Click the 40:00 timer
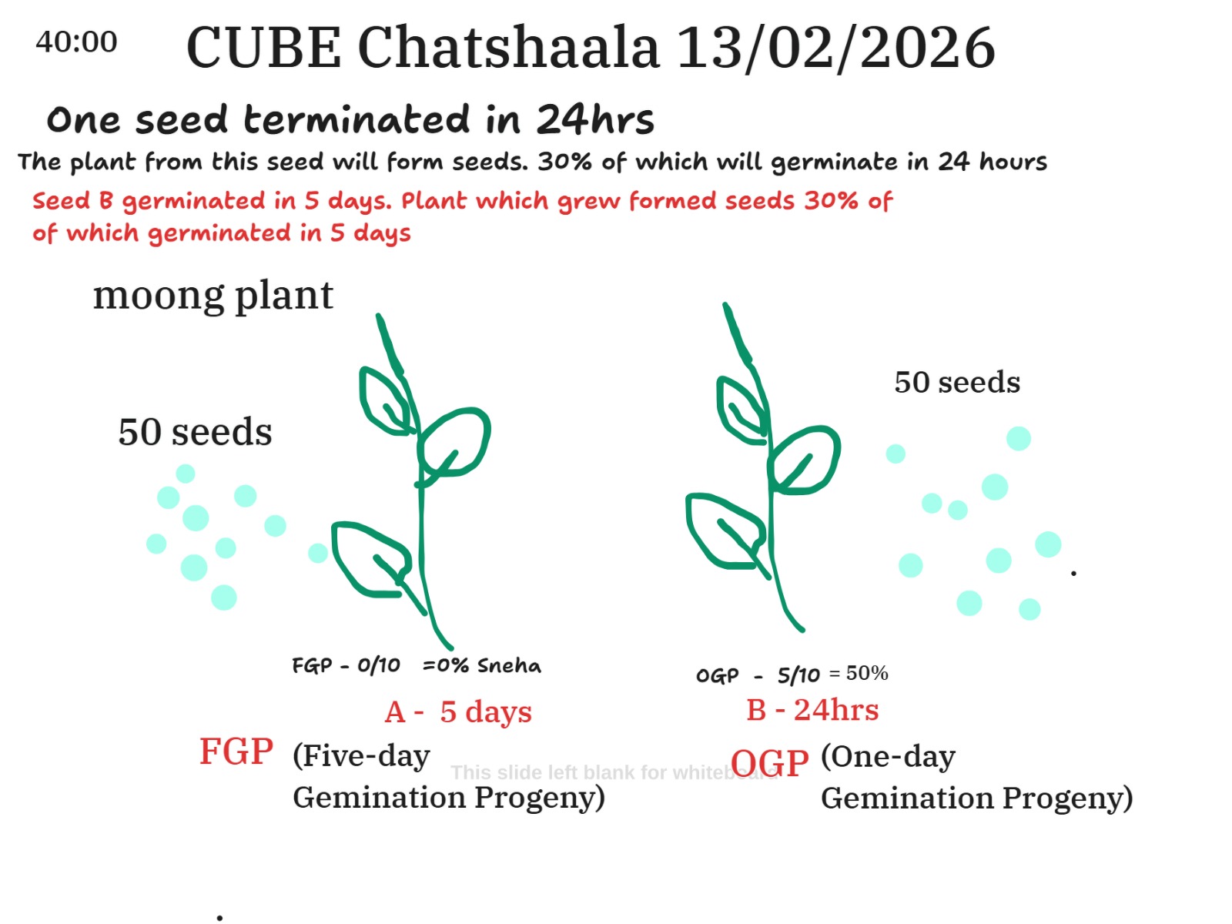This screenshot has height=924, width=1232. click(76, 42)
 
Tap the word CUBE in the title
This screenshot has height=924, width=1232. click(263, 49)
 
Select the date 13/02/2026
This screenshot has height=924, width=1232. click(835, 49)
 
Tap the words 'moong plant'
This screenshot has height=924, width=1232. click(213, 296)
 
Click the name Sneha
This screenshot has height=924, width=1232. click(508, 665)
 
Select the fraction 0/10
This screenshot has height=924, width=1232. click(378, 665)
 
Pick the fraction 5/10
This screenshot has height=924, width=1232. click(798, 675)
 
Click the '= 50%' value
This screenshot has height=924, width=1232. click(859, 673)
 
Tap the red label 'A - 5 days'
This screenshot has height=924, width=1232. click(458, 712)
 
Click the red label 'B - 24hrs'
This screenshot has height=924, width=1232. click(812, 710)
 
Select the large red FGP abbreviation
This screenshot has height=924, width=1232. click(236, 752)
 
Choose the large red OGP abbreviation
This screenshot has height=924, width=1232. click(769, 763)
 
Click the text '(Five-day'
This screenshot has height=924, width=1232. click(361, 756)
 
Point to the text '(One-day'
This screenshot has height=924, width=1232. click(888, 758)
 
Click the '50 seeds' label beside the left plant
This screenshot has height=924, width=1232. click(195, 432)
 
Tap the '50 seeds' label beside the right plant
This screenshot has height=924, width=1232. click(957, 383)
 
